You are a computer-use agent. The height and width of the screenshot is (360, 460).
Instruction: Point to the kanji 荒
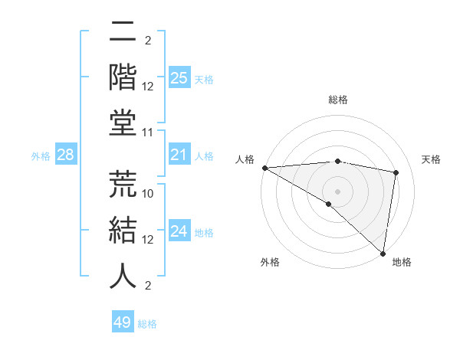pos(123,185)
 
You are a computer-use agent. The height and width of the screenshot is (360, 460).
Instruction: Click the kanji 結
pos(123,231)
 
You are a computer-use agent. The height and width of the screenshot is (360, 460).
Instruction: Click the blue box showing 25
pos(179,77)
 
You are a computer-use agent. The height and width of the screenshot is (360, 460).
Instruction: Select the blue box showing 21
pos(179,155)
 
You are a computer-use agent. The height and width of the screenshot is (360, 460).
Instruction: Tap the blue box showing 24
pos(179,231)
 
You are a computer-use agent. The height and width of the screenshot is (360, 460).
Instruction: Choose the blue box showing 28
pos(66,155)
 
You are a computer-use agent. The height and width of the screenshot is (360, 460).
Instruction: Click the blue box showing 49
pos(123,322)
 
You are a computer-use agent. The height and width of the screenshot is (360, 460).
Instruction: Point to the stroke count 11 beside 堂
pos(149,133)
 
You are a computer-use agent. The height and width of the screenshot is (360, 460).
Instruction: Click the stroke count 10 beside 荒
pos(149,194)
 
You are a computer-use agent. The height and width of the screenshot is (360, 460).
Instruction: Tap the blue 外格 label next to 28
pos(41,156)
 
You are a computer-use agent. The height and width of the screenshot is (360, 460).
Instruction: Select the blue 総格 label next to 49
pos(147,324)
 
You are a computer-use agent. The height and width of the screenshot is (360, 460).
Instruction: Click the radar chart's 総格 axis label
pos(337,100)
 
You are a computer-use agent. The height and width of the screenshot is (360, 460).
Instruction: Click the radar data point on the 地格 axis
pos(383,253)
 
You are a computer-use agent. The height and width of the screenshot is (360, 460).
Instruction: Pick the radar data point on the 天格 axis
pos(396,172)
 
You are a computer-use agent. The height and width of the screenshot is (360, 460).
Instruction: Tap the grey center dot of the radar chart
pos(337,191)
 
